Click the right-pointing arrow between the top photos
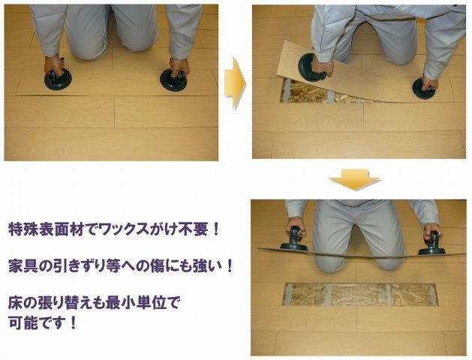tap(235, 82)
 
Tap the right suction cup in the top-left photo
tap(173, 80)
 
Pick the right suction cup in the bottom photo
tap(431, 244)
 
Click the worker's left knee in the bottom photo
tap(330, 259)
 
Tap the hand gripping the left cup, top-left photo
tap(53, 65)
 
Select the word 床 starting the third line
tap(14, 306)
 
